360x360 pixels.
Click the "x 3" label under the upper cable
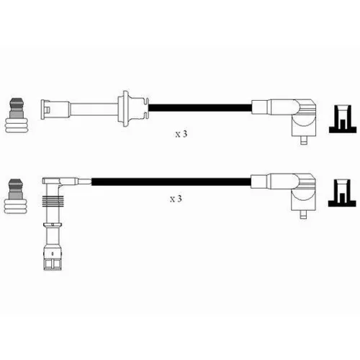(x=181, y=134)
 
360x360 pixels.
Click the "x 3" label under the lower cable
(x=176, y=199)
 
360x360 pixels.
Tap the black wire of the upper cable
(x=200, y=107)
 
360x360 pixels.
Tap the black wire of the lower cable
(x=171, y=181)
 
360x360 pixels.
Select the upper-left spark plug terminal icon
(x=17, y=115)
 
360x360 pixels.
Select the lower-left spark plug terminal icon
(x=16, y=197)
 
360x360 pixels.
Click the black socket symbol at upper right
(x=343, y=119)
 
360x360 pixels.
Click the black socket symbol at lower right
(x=342, y=193)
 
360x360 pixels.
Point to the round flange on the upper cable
(x=126, y=109)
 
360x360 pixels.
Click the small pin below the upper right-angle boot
(x=304, y=140)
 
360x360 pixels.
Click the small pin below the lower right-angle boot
(x=303, y=215)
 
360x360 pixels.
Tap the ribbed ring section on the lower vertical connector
(x=53, y=201)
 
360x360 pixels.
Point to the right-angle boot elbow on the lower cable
(x=303, y=192)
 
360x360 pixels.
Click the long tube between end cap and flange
(x=94, y=109)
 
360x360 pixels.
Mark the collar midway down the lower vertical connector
(x=53, y=225)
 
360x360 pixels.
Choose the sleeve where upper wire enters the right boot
(x=259, y=107)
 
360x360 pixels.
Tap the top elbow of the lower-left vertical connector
(x=52, y=181)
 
